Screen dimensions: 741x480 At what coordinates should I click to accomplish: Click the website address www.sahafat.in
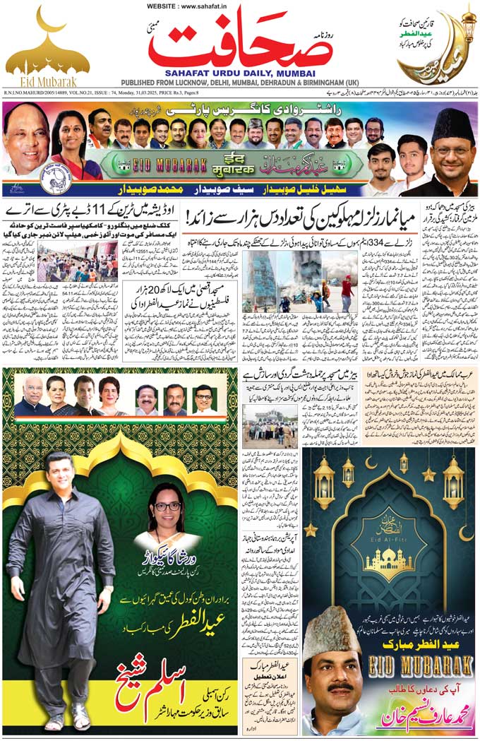click(239, 6)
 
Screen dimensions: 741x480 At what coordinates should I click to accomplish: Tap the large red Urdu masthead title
click(241, 41)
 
